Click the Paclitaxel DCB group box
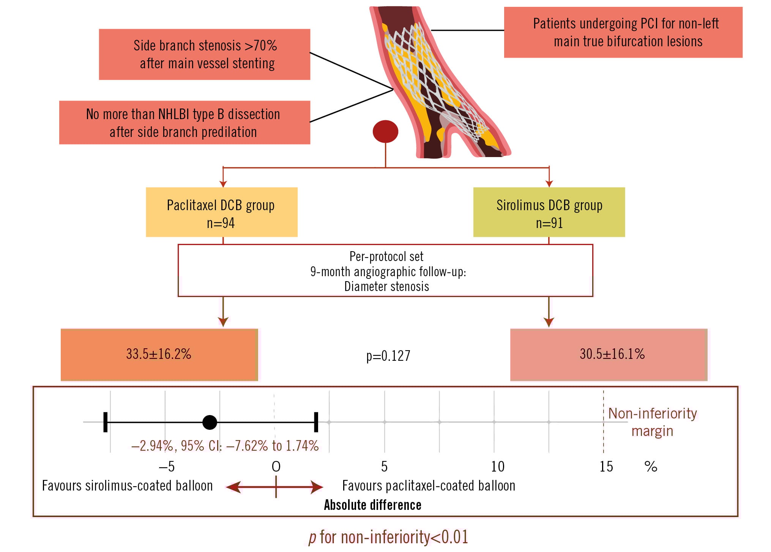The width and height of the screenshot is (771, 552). pyautogui.click(x=221, y=212)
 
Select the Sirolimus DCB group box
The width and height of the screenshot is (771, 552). pyautogui.click(x=549, y=212)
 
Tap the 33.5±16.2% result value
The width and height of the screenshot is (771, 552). pyautogui.click(x=159, y=354)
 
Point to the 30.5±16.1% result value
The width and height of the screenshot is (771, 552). pyautogui.click(x=612, y=354)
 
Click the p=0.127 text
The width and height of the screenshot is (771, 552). pyautogui.click(x=388, y=356)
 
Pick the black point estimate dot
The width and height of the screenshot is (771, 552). pyautogui.click(x=210, y=422)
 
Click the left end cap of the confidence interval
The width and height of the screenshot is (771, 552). pyautogui.click(x=106, y=422)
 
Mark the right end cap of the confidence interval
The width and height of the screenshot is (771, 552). pyautogui.click(x=316, y=422)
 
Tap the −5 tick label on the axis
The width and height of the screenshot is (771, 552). pyautogui.click(x=166, y=467)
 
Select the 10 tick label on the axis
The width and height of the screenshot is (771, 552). pyautogui.click(x=498, y=467)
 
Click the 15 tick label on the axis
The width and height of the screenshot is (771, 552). pyautogui.click(x=606, y=467)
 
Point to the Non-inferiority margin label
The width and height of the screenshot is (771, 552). pyautogui.click(x=652, y=422)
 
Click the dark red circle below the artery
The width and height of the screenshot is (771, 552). pyautogui.click(x=385, y=132)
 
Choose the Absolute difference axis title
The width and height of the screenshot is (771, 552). pyautogui.click(x=372, y=505)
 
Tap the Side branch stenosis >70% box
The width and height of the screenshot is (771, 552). pyautogui.click(x=205, y=54)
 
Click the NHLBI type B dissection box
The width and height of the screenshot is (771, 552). pyautogui.click(x=184, y=123)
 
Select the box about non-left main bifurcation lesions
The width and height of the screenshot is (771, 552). pyautogui.click(x=623, y=32)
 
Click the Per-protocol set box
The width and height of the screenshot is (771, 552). pyautogui.click(x=385, y=270)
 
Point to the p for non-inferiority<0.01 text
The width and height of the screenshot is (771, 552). pyautogui.click(x=388, y=537)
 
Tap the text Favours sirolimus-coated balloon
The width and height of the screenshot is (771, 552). pyautogui.click(x=127, y=486)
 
